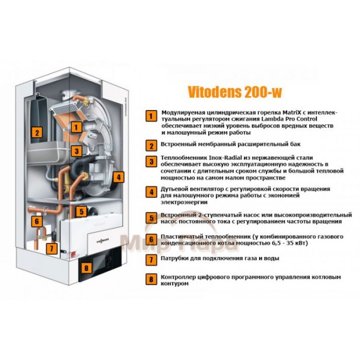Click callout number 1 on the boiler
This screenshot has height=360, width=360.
point(76,125)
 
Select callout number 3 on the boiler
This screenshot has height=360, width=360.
point(76,151)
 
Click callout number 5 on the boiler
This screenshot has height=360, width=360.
point(81,211)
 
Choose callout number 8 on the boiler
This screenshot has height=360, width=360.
point(86,267)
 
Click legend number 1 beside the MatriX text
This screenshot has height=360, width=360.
point(150,115)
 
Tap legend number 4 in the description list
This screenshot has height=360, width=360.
point(150,192)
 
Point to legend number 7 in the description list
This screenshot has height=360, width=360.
point(150,259)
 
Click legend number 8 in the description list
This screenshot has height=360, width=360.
point(150,280)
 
